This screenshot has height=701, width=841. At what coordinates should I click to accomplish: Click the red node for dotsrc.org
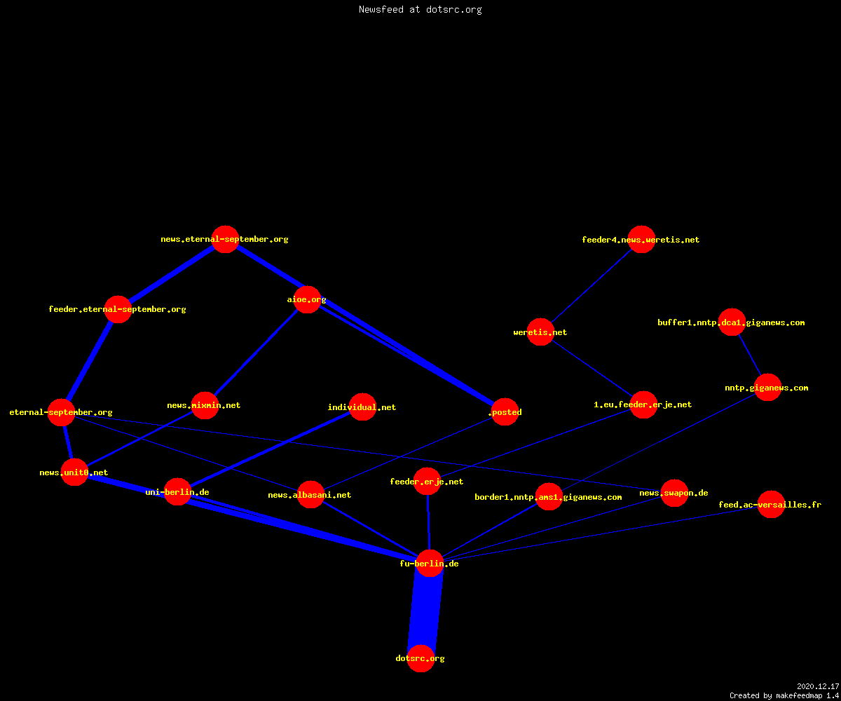(420, 658)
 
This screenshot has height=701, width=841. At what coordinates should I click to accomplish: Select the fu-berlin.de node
(430, 563)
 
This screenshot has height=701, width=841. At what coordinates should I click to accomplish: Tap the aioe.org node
(308, 300)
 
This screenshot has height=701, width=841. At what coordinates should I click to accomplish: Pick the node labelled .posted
(505, 411)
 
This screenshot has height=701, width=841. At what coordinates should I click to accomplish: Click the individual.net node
(362, 407)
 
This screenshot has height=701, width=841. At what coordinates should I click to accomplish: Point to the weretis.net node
(540, 332)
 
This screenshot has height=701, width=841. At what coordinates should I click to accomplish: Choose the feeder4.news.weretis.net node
(641, 239)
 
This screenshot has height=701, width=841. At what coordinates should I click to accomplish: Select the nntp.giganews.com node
(767, 388)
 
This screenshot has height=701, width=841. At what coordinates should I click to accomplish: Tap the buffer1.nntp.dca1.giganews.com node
(732, 322)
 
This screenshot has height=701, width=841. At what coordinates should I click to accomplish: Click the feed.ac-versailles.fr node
(771, 505)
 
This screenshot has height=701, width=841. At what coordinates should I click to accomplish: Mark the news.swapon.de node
(675, 493)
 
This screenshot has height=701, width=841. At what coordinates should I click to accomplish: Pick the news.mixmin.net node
(205, 405)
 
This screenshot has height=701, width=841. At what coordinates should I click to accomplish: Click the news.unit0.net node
(74, 472)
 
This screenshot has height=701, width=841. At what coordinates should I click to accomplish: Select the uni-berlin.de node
(177, 492)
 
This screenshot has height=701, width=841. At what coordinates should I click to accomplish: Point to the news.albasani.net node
(310, 495)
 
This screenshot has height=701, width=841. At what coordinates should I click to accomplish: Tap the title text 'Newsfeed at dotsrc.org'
(420, 10)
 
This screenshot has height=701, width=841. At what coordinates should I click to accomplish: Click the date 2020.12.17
(818, 686)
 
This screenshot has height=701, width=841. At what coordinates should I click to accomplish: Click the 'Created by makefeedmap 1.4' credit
(784, 696)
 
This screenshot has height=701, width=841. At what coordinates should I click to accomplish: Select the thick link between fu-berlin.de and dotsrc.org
(425, 611)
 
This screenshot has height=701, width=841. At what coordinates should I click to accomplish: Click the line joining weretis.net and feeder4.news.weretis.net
(591, 285)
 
